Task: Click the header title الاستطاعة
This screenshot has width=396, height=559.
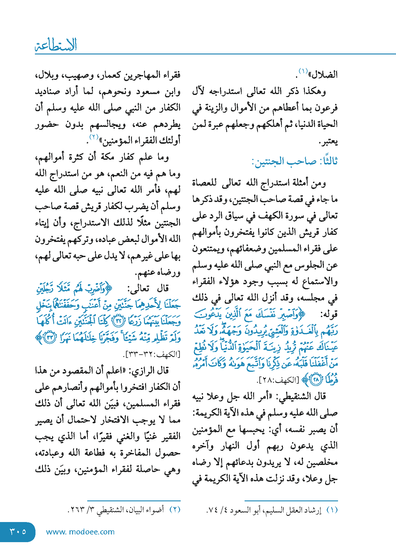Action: (56, 45)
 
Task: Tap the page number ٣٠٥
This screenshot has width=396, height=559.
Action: (18, 531)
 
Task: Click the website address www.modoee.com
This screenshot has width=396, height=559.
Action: (80, 532)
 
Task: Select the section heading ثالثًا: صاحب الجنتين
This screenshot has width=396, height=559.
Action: (295, 161)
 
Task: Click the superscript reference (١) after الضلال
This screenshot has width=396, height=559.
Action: (303, 71)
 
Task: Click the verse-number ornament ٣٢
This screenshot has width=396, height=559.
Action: (119, 321)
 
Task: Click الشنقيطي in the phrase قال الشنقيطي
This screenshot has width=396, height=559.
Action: (294, 397)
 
